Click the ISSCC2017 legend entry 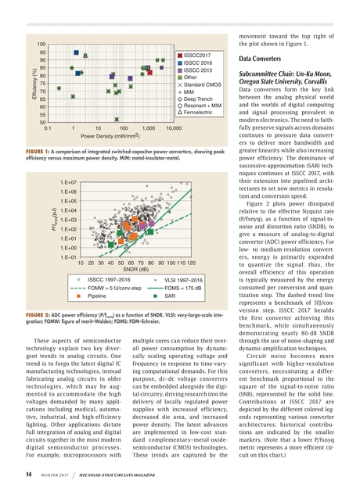click(x=198, y=56)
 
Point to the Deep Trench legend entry click(x=199, y=99)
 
